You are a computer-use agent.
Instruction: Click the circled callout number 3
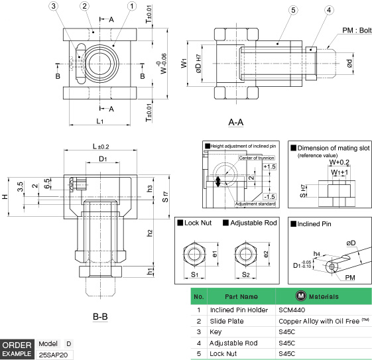click(54, 6)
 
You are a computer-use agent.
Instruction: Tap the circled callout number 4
click(329, 10)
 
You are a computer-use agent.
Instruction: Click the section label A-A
click(235, 122)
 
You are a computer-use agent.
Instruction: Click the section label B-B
click(100, 316)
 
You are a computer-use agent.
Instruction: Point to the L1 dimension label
click(99, 121)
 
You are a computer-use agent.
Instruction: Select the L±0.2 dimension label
click(101, 146)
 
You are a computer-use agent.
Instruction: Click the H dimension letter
click(5, 197)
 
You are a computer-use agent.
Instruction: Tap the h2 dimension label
click(151, 232)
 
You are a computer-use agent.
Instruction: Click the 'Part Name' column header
click(241, 296)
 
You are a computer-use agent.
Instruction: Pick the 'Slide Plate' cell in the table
click(227, 321)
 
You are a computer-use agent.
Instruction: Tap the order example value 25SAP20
click(55, 355)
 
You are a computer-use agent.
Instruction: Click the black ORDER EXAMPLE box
click(17, 349)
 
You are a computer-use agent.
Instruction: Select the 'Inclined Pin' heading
click(315, 223)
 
